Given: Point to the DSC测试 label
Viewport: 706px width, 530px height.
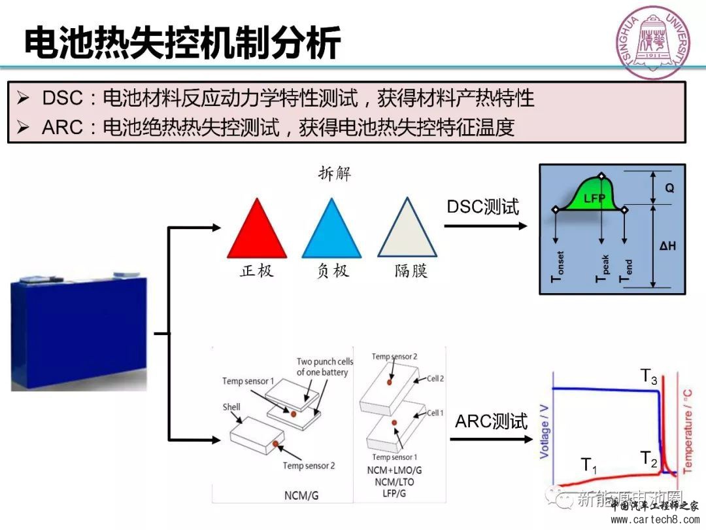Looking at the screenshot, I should coord(483,207).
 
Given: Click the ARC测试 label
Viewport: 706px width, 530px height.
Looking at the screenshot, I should coord(491,421).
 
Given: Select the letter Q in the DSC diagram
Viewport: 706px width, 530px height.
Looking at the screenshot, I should coord(669,188).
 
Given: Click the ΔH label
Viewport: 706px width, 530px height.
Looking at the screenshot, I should coord(667,246).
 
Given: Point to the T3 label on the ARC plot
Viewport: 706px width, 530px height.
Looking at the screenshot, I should coord(648,376).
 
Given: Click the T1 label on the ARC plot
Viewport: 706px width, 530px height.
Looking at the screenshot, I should coord(589,465).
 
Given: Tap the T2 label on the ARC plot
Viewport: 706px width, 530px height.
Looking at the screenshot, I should coord(648,459).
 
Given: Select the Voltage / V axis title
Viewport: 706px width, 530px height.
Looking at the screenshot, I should coord(545,430).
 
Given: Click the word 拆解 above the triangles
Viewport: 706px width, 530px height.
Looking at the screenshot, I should coord(335,173).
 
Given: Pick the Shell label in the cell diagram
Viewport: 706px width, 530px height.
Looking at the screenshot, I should coord(231,407).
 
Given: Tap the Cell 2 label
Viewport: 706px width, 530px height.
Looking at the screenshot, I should coord(435,378).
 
